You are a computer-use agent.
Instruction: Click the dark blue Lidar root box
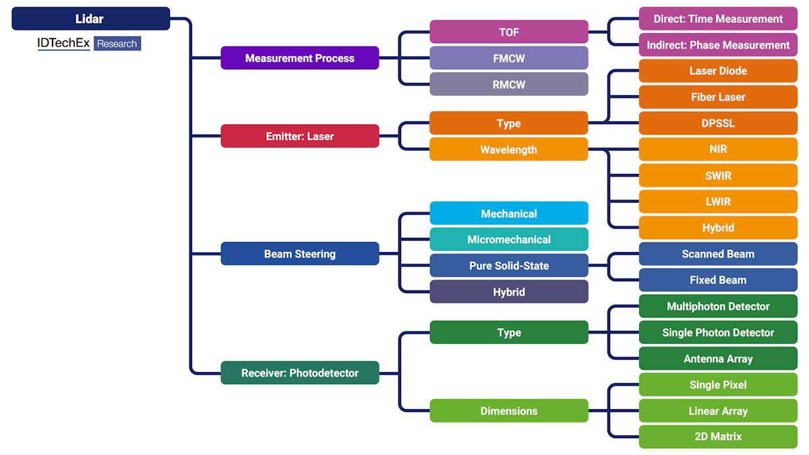(x=90, y=19)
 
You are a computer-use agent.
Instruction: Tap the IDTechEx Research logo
(x=89, y=44)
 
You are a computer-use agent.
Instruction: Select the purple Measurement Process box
(x=300, y=58)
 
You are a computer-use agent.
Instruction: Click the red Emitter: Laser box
(x=300, y=136)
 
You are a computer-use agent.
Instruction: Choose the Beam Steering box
(x=300, y=254)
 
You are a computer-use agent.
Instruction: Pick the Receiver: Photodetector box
(x=300, y=373)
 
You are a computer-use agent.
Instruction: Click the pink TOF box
(x=509, y=32)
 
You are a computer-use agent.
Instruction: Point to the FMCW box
(x=509, y=58)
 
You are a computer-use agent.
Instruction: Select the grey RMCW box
(x=509, y=84)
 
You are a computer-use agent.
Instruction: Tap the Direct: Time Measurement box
(x=718, y=19)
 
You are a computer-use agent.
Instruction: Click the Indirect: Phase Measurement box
(x=718, y=45)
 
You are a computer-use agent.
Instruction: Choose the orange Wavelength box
(x=509, y=150)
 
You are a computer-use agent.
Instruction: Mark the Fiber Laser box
(x=718, y=97)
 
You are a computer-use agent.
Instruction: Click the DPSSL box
(x=718, y=123)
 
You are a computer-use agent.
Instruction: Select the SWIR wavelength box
(x=718, y=176)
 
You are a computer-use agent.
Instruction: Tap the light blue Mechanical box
(x=509, y=214)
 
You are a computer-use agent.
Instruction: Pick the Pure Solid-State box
(x=509, y=266)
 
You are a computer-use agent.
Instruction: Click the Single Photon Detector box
(x=718, y=332)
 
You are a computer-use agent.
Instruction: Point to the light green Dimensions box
(x=509, y=411)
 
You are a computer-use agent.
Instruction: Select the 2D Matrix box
(x=718, y=437)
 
